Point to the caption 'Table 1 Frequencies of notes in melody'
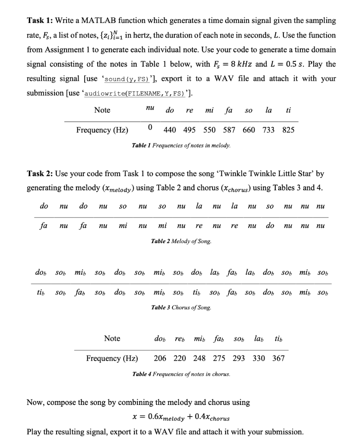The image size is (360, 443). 181,145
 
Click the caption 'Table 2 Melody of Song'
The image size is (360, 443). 181,241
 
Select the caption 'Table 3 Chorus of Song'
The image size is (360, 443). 181,308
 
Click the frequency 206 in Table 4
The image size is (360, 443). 160,358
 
